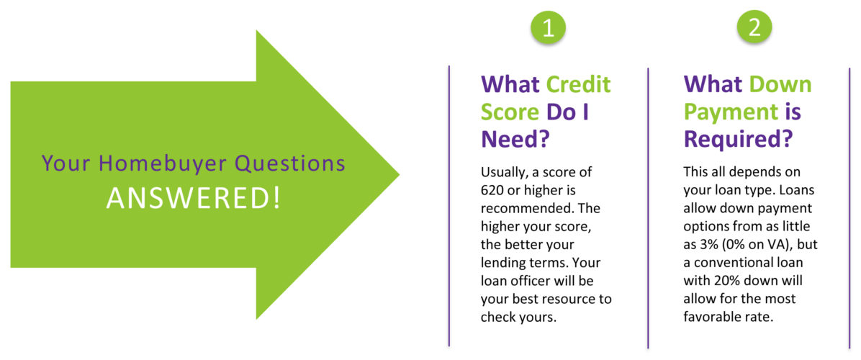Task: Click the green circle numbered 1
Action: [547, 28]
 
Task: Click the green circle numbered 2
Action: [754, 28]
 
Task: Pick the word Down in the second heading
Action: [780, 84]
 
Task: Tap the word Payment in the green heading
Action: [731, 112]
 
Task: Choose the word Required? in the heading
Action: [738, 139]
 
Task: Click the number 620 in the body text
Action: [492, 190]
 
